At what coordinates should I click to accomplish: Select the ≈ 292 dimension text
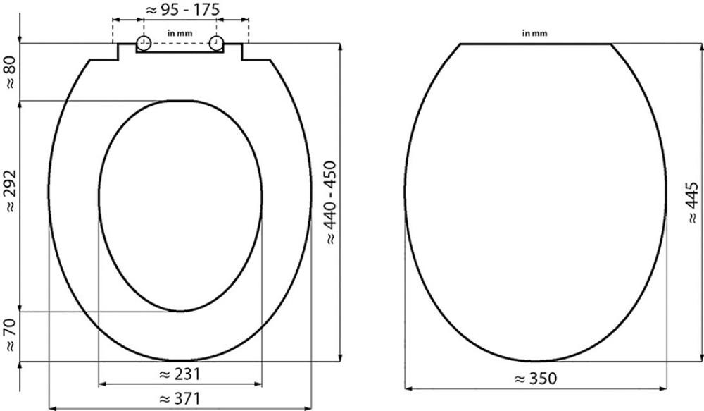[10, 190]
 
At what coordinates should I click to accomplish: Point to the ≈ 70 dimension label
[10, 335]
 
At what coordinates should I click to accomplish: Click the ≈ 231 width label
[180, 374]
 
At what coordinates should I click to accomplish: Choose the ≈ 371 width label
[180, 398]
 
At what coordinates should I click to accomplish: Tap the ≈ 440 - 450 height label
[331, 202]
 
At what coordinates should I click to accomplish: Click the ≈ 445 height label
[693, 203]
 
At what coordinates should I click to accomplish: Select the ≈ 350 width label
[536, 379]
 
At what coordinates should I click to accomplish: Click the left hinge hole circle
[143, 43]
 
